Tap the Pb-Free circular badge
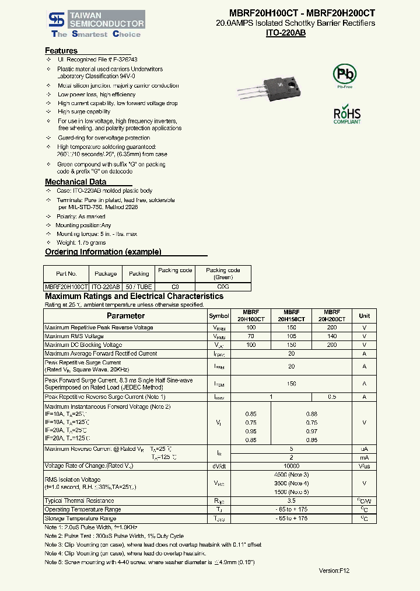point(344,75)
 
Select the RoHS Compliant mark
point(347,115)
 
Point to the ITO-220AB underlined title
point(286,33)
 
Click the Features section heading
point(61,51)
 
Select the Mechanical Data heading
point(76,182)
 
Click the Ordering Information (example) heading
point(103,252)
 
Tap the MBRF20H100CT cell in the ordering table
point(66,287)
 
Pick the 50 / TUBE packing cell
point(139,287)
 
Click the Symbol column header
point(219,316)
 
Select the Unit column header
point(365,316)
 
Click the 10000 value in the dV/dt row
point(292,466)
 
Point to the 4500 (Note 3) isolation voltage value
point(292,475)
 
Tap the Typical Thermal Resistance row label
point(79,500)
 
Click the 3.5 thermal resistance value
point(292,500)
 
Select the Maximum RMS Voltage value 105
point(292,336)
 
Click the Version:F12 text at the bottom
point(334,571)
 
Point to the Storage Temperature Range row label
point(80,519)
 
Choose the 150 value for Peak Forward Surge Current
point(292,384)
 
